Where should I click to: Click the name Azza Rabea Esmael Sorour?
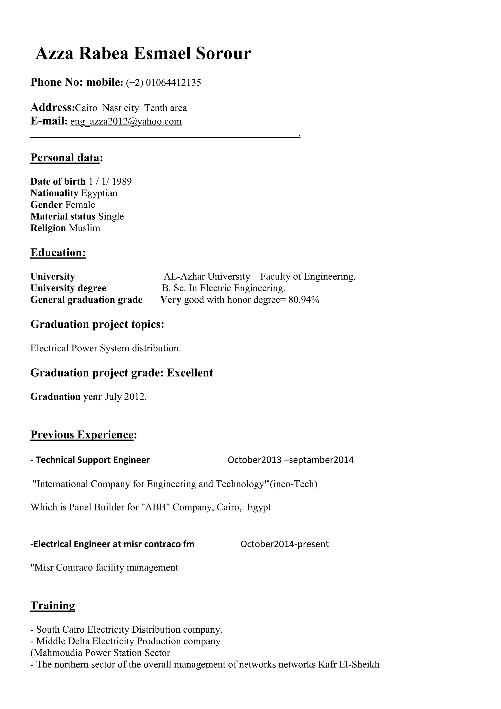coord(143,54)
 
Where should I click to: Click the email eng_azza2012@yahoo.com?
coord(126,121)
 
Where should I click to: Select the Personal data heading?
coord(65,158)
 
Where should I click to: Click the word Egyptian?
coord(99,193)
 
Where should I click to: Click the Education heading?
coord(58,253)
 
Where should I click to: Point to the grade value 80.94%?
coord(304,300)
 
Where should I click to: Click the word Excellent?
coord(190,373)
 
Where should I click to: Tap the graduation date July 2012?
coord(125,397)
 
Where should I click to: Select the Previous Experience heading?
coord(82,435)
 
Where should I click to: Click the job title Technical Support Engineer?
coord(92,460)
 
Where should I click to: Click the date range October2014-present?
coord(285,544)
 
